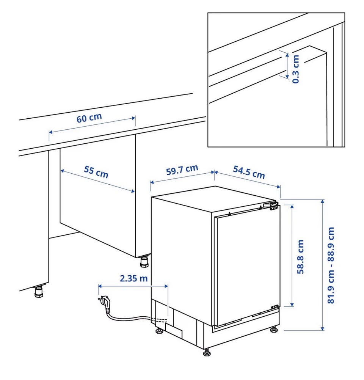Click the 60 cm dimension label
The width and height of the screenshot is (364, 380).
click(x=89, y=118)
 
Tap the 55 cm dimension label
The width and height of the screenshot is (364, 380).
click(x=96, y=171)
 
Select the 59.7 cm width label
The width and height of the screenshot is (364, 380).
click(x=182, y=170)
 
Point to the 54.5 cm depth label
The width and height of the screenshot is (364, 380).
click(x=249, y=172)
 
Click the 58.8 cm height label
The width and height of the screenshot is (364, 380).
click(x=301, y=257)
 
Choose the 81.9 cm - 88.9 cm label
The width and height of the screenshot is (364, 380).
click(x=331, y=265)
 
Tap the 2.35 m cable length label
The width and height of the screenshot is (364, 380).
click(x=134, y=278)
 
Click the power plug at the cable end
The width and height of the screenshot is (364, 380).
click(x=105, y=303)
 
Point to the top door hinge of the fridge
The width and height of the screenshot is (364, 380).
click(x=272, y=206)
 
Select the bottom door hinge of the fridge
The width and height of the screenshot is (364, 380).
click(x=275, y=307)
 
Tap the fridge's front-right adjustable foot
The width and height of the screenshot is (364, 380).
click(x=274, y=329)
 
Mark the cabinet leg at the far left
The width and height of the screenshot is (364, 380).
click(x=39, y=292)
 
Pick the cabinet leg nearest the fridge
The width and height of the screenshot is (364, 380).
click(x=144, y=262)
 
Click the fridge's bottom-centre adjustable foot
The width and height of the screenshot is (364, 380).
click(x=207, y=352)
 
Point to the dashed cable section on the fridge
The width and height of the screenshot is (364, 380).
click(x=159, y=320)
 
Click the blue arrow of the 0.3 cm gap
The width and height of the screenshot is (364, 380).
click(x=287, y=66)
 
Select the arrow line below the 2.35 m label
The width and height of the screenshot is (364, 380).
click(x=133, y=286)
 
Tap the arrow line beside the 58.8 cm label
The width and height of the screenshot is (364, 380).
click(x=292, y=256)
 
